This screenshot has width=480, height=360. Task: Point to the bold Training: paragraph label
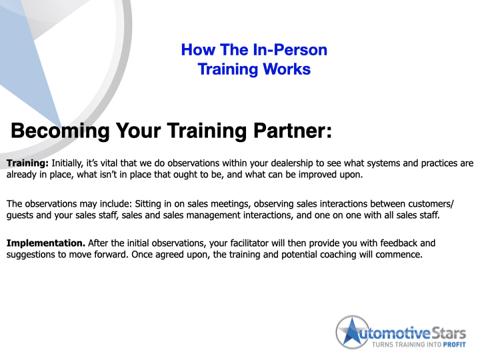click(28, 163)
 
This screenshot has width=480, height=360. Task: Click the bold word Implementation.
click(45, 243)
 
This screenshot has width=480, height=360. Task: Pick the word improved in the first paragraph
click(315, 175)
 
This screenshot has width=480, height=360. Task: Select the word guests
click(22, 216)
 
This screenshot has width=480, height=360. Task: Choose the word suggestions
click(37, 256)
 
